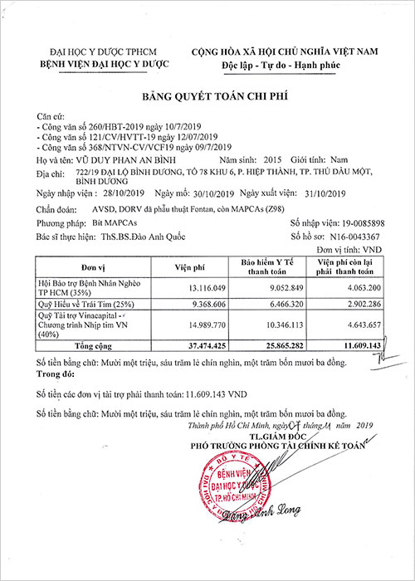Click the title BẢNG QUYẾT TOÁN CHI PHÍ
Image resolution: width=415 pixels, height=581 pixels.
click(x=207, y=96)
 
